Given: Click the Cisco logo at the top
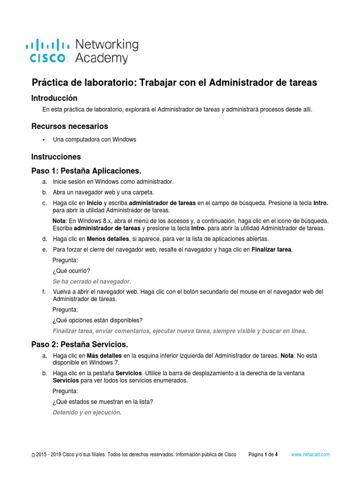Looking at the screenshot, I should tap(47, 52).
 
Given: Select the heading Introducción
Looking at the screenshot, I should tap(54, 98).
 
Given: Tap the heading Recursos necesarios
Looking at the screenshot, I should tap(69, 126).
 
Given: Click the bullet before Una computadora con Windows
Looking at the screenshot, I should tap(44, 140).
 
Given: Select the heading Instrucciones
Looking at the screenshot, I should tap(56, 157).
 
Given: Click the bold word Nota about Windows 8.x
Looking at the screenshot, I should tap(59, 220).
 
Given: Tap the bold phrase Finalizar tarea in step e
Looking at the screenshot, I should tap(272, 250).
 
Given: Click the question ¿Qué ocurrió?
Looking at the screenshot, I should tap(71, 270).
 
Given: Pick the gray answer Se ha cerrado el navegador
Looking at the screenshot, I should tap(92, 281).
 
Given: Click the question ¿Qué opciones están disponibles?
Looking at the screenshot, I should tap(97, 320).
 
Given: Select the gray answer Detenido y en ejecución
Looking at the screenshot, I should tap(87, 412).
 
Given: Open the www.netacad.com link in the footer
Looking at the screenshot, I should tap(311, 455).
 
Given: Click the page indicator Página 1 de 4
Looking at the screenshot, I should tap(263, 455).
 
